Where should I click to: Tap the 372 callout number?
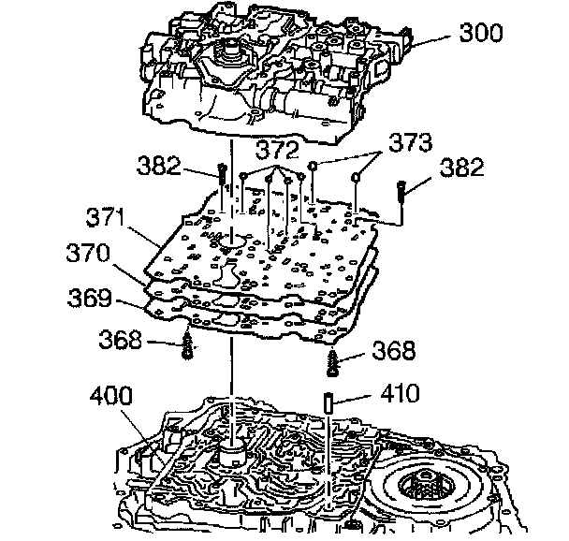click(x=279, y=150)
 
